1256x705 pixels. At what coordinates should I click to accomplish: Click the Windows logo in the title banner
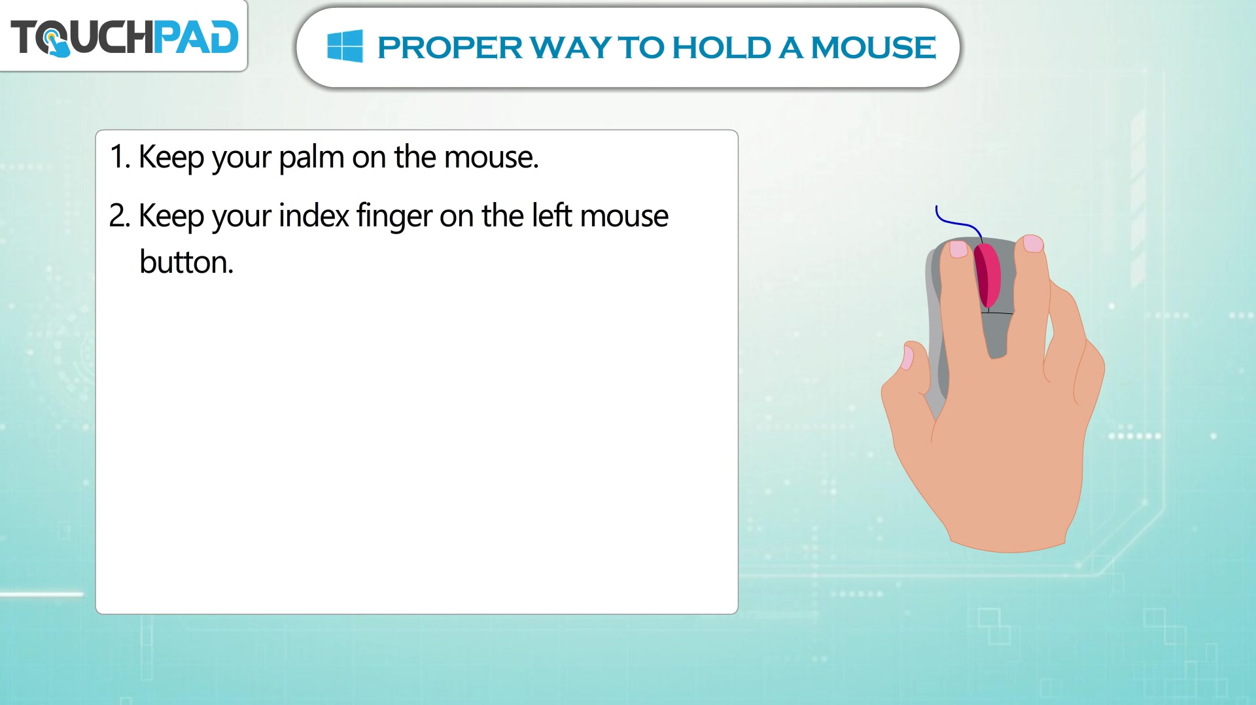pos(345,46)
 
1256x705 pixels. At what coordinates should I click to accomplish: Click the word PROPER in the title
pos(450,48)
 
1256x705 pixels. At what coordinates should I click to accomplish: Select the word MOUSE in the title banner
pos(873,48)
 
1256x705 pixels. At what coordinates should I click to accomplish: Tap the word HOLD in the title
pos(722,48)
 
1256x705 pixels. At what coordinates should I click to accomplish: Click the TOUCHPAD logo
pos(124,37)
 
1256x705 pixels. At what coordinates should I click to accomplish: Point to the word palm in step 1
pos(311,158)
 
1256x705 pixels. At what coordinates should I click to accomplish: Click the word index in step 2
pos(314,216)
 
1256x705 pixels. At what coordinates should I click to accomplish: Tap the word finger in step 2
pos(394,216)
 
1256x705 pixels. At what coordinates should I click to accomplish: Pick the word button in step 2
pos(186,262)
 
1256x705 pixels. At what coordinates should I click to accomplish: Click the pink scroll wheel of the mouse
pos(987,275)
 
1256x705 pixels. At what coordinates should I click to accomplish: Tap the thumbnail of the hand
pos(907,358)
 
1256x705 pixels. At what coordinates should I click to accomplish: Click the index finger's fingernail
pos(958,249)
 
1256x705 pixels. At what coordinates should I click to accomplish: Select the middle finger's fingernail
pos(1033,243)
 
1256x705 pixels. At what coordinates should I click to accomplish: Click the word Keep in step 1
pos(171,158)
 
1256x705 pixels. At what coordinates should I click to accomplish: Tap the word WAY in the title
pos(570,48)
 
